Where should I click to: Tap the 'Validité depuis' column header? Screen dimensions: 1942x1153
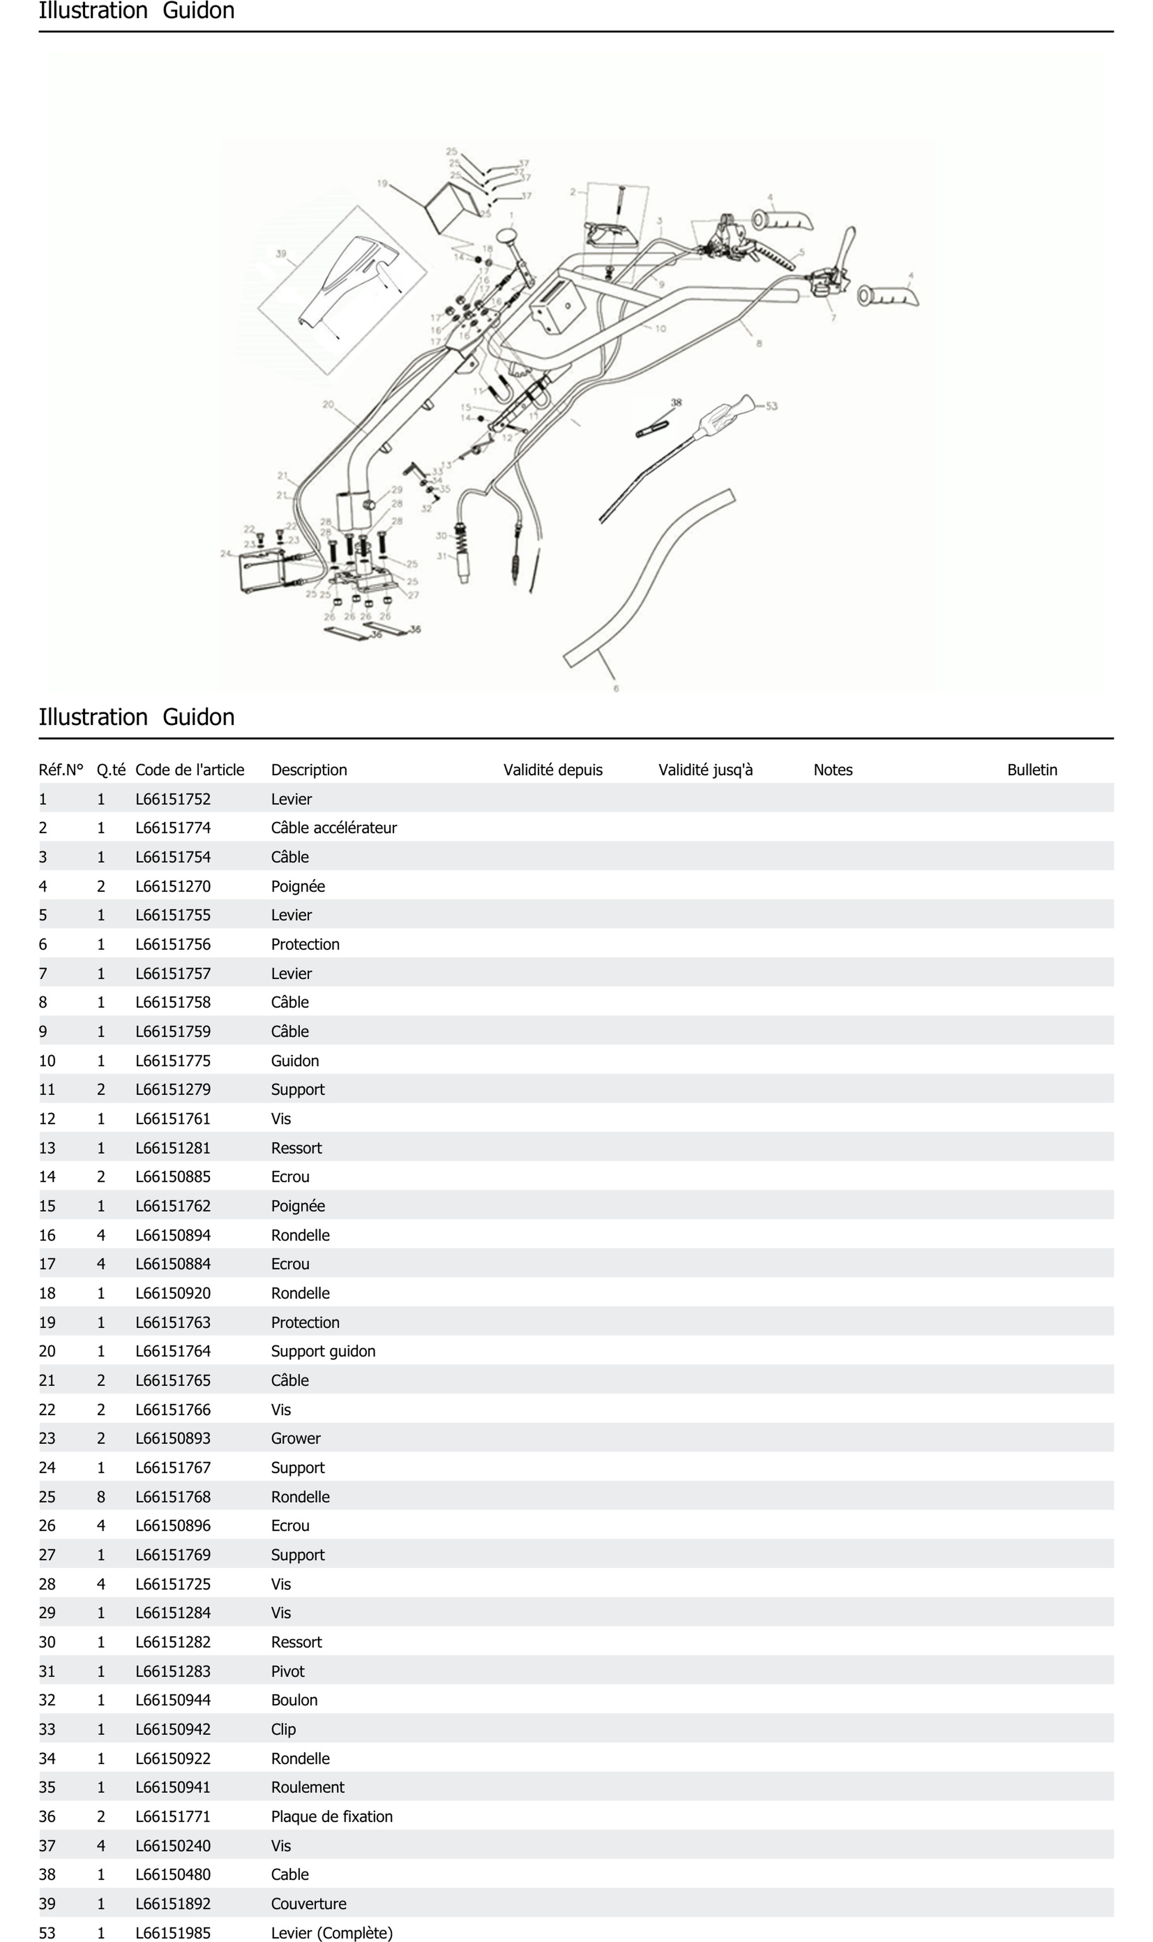(552, 770)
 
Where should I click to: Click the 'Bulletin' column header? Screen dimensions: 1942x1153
(1032, 770)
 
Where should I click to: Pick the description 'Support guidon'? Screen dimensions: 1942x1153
(323, 1351)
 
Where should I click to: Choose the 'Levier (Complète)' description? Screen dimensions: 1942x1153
(332, 1933)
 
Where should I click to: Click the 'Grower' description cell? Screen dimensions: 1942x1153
(295, 1439)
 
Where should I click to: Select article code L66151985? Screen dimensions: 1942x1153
(173, 1933)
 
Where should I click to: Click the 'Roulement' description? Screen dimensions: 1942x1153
(308, 1787)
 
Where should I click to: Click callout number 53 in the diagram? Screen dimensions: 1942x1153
(771, 406)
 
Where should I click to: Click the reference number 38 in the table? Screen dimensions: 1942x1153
(47, 1874)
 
